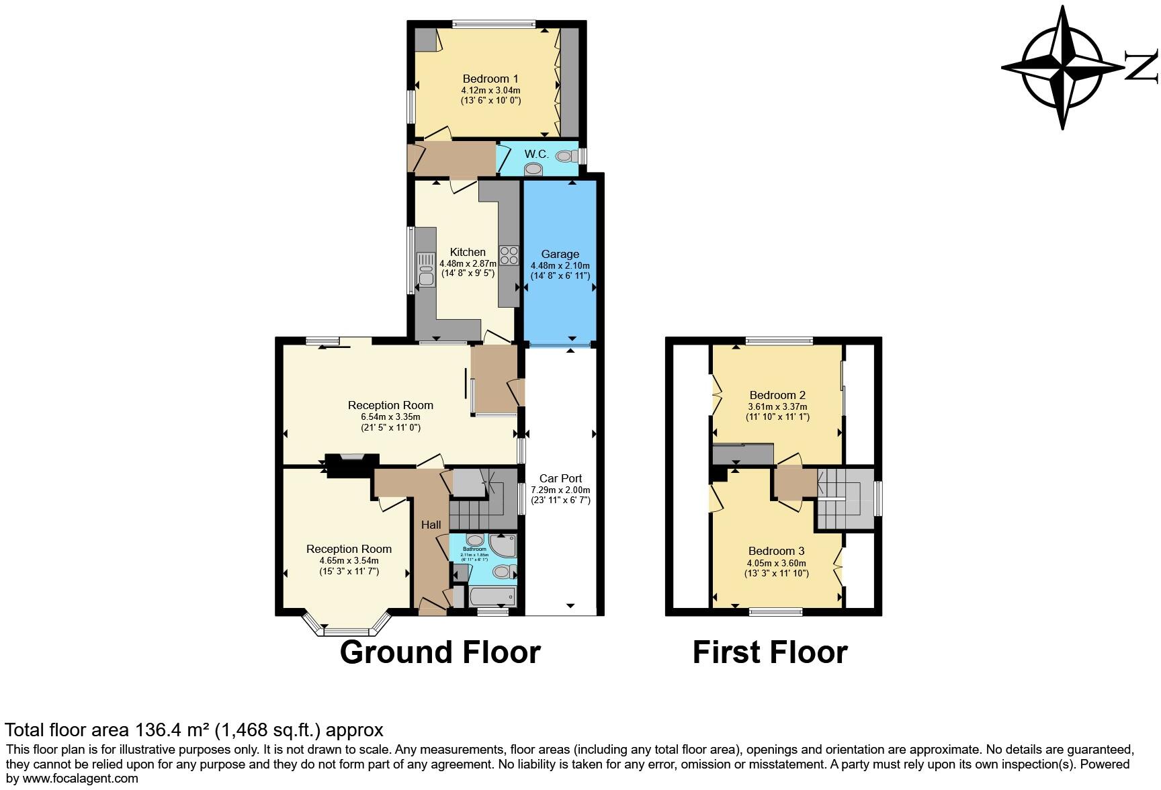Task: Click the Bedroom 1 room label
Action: coord(490,79)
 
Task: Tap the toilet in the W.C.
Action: coord(565,156)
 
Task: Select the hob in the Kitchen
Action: coord(509,255)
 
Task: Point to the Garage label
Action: coord(560,254)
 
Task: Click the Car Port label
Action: coord(560,478)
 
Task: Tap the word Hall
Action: coord(431,525)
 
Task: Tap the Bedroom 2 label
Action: coord(777,395)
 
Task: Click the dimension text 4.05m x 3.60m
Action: coord(776,563)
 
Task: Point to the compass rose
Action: coord(1063,67)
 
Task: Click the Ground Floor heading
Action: coord(440,652)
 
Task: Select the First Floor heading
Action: coord(770,652)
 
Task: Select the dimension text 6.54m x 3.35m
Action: coord(390,416)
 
